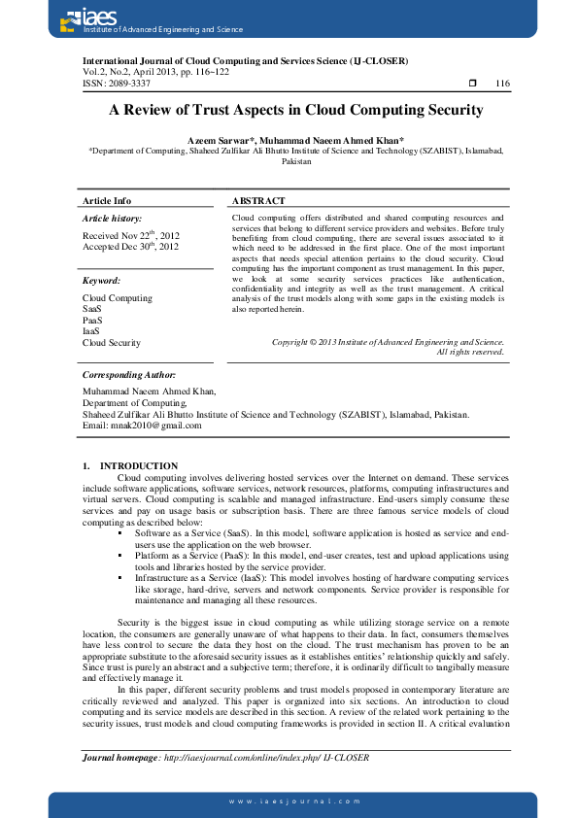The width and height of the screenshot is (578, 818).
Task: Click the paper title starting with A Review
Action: pos(295,111)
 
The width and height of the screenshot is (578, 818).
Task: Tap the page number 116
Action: pos(502,84)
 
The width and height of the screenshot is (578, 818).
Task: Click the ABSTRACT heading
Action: pos(258,200)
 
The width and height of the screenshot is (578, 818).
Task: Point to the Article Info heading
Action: pos(107,200)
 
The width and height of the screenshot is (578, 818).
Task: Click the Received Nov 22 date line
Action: pos(130,235)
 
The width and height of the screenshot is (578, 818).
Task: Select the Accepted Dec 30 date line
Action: pos(130,247)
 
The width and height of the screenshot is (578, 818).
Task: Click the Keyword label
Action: pos(101,281)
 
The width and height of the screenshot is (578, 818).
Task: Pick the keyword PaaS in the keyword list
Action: pos(92,320)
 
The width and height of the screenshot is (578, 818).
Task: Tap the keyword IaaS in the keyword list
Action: pos(91,331)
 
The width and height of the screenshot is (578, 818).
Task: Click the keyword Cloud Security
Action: pos(111,342)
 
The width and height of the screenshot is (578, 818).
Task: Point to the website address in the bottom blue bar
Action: pos(294,801)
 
